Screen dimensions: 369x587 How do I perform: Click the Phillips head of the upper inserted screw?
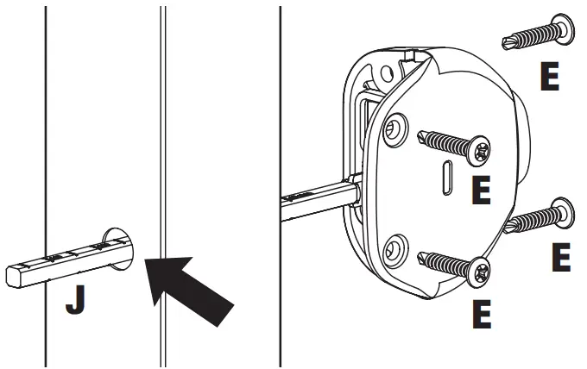click(x=479, y=152)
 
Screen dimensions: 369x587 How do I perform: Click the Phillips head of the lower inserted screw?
click(x=480, y=273)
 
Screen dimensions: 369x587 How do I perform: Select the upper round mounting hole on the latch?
click(x=396, y=130)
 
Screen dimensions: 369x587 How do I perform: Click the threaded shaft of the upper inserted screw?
click(x=445, y=142)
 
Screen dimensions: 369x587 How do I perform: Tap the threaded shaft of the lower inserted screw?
click(x=445, y=263)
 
